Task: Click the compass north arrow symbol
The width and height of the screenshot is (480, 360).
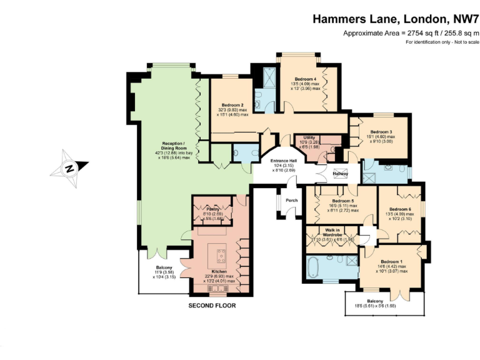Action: pos(69,167)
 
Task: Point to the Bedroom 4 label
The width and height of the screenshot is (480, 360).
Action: pos(306,79)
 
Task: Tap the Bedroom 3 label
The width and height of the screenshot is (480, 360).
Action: pos(381,132)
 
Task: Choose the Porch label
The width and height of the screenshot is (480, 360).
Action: pos(292,201)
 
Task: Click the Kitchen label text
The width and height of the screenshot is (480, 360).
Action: pos(219,272)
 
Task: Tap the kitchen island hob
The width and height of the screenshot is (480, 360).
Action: pos(222,254)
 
